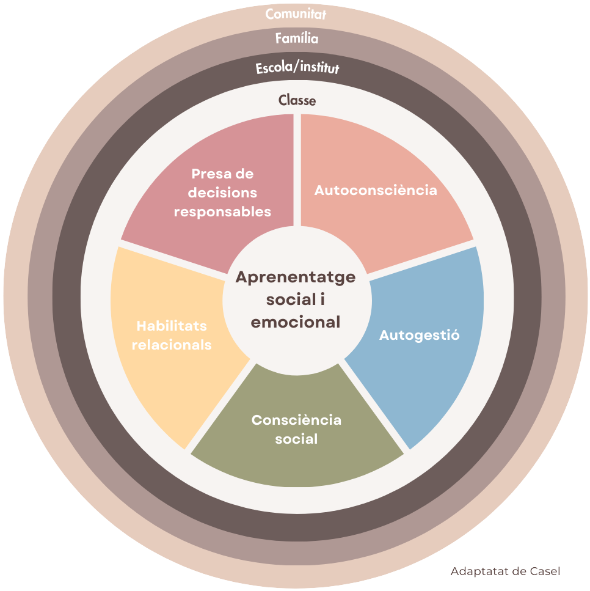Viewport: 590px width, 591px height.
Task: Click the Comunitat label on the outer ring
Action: [x=296, y=14]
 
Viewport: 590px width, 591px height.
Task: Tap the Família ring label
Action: [x=297, y=38]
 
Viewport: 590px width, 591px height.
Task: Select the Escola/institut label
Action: [x=297, y=67]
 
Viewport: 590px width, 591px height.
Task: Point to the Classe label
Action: [x=297, y=100]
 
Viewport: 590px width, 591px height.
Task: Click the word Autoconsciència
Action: [x=376, y=190]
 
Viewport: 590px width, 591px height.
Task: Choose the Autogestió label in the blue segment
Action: [x=420, y=335]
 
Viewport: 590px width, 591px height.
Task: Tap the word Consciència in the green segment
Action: [x=296, y=420]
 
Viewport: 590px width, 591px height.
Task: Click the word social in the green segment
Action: [x=296, y=439]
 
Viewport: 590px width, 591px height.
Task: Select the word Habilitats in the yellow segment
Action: [x=172, y=326]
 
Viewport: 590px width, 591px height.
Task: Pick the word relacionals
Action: [x=172, y=345]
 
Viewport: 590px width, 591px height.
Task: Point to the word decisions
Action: [x=223, y=193]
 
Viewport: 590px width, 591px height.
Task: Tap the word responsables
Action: [x=223, y=212]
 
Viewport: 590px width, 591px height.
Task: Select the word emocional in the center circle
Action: [x=296, y=322]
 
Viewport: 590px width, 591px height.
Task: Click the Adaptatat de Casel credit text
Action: [x=506, y=571]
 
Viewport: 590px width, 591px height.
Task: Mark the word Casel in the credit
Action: [x=545, y=571]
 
